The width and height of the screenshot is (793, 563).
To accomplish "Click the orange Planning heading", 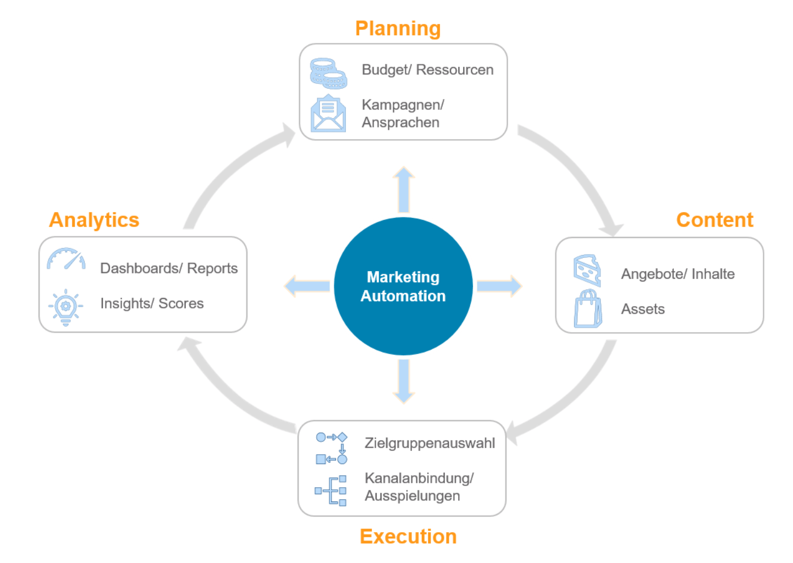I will [398, 29].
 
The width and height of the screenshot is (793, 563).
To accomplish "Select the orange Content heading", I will [714, 220].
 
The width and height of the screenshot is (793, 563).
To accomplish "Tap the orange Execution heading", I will [408, 536].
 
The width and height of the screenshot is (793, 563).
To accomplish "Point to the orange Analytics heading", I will [94, 220].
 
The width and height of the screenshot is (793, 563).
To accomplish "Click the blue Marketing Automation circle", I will [403, 286].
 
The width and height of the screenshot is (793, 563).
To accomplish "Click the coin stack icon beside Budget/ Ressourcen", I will [328, 74].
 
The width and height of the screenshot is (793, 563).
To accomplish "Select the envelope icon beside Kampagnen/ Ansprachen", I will [328, 114].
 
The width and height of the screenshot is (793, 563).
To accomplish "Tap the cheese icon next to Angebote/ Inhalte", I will [587, 269].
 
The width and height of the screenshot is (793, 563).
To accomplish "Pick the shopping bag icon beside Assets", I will [588, 309].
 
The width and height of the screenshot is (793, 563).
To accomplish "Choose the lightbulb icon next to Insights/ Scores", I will [66, 307].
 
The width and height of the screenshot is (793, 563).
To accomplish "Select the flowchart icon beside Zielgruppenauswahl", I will [331, 448].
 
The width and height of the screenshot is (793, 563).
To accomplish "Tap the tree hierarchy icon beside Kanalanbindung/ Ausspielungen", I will [331, 490].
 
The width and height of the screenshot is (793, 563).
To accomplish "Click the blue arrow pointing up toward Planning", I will [404, 190].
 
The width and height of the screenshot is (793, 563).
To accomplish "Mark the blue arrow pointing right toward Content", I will [498, 286].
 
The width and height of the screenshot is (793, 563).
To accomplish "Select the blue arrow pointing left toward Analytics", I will [308, 286].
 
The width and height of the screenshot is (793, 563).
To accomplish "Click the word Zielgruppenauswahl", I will [429, 443].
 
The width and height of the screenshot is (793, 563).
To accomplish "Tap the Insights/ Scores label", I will [152, 303].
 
